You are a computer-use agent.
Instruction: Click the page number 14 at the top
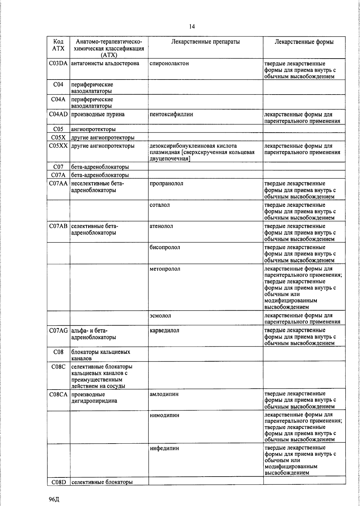point(192,27)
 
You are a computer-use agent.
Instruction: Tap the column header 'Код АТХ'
point(58,45)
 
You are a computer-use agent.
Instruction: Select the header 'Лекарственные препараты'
point(205,42)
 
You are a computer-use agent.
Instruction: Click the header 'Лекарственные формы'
point(304,42)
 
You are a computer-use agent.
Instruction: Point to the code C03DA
point(58,64)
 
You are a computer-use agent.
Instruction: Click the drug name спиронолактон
point(169,64)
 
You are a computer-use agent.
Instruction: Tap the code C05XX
point(58,146)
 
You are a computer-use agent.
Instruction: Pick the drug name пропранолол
point(166,183)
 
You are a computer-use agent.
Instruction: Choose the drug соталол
point(160,205)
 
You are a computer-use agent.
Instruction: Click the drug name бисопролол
point(165,247)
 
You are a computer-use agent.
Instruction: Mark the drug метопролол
point(165,269)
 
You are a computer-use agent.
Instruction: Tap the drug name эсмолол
point(160,315)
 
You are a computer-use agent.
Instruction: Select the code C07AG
point(58,330)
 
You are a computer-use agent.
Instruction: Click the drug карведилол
point(164,330)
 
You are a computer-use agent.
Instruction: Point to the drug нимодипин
point(164,415)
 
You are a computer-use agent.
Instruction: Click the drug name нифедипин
point(164,448)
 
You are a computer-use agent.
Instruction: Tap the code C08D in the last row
point(58,482)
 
